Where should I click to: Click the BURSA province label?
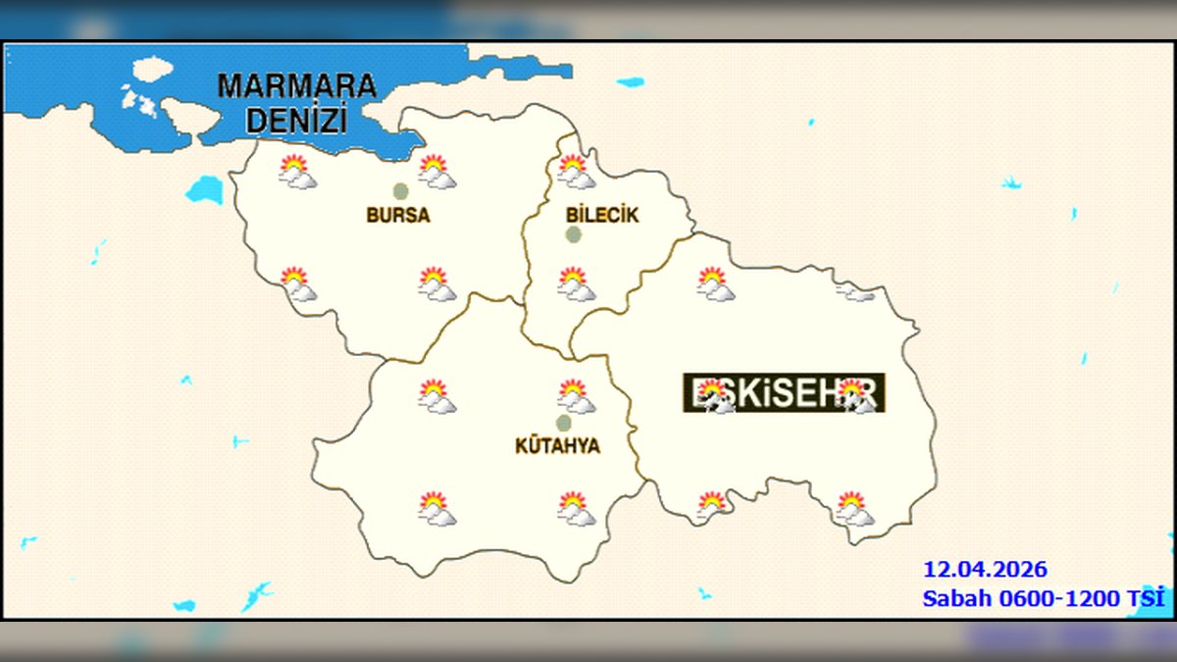point(398,215)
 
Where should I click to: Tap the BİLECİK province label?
point(602,215)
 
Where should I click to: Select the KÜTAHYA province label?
point(557,446)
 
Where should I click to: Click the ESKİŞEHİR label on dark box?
point(784,392)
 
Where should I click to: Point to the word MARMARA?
point(296,85)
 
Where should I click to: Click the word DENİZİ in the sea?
point(296,121)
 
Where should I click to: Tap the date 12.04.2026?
point(984,569)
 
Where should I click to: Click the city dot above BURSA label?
point(400,190)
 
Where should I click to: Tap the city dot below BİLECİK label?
point(573,234)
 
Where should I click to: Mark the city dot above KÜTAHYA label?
point(563,423)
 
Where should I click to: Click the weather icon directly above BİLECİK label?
point(575,172)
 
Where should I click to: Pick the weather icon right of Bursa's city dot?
point(436,172)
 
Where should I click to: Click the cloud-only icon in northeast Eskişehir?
point(855,291)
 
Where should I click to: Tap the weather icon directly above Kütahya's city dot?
point(575,396)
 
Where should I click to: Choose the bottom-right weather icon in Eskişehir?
point(853,508)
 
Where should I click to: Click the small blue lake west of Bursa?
point(205,189)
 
